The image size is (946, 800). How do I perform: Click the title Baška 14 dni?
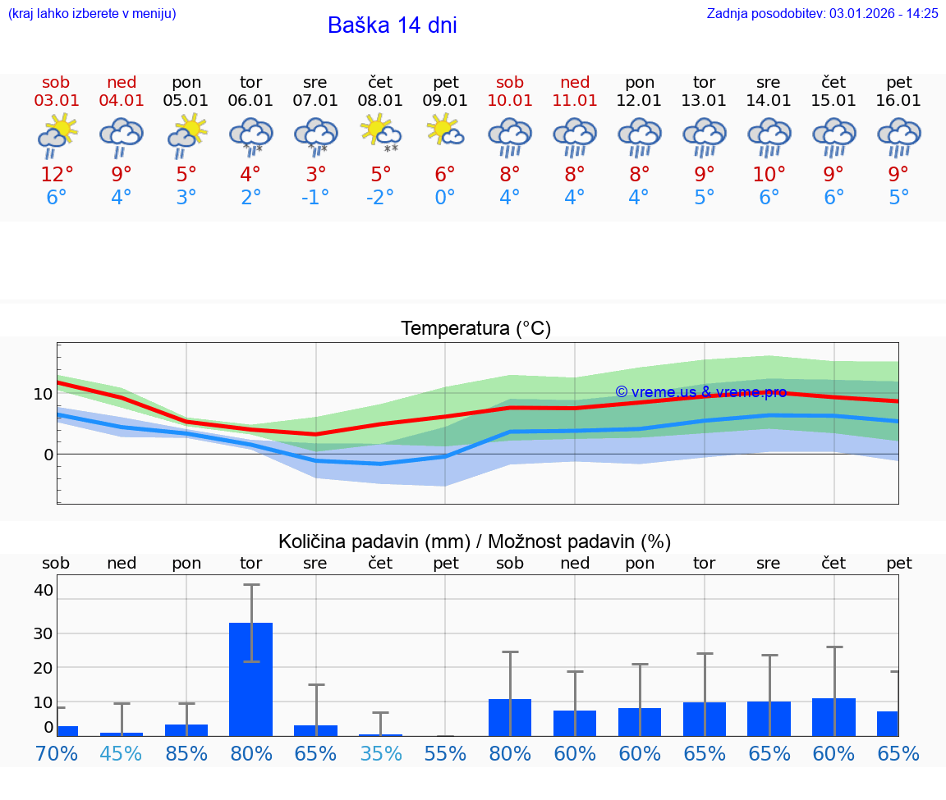pyautogui.click(x=392, y=25)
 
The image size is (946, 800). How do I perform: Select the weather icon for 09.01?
pyautogui.click(x=445, y=131)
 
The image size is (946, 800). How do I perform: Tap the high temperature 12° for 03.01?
pyautogui.click(x=57, y=175)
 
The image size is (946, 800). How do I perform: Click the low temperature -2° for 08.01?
pyautogui.click(x=379, y=198)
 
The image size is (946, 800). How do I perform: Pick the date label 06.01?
pyautogui.click(x=250, y=100)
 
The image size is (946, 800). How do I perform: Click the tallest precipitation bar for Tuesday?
pyautogui.click(x=250, y=679)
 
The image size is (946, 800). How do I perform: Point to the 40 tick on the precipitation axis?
pyautogui.click(x=44, y=590)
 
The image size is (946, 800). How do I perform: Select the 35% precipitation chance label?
pyautogui.click(x=380, y=753)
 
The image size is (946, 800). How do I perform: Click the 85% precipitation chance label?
pyautogui.click(x=186, y=753)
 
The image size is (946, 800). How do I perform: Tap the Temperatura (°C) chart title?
pyautogui.click(x=475, y=329)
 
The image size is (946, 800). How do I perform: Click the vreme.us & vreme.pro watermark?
pyautogui.click(x=700, y=392)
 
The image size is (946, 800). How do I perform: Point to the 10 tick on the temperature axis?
pyautogui.click(x=44, y=394)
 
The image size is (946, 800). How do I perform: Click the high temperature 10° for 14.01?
pyautogui.click(x=769, y=175)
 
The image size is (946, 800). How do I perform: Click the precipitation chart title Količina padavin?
pyautogui.click(x=475, y=542)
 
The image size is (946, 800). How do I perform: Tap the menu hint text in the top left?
pyautogui.click(x=92, y=13)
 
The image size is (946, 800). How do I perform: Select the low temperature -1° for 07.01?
pyautogui.click(x=315, y=198)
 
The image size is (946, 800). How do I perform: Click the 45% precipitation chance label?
pyautogui.click(x=122, y=753)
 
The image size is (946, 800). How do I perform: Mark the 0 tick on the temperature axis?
pyautogui.click(x=48, y=455)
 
